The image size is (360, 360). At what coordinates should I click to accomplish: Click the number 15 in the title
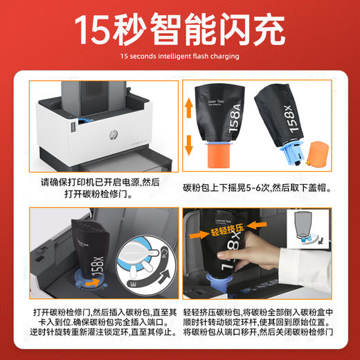[96, 29]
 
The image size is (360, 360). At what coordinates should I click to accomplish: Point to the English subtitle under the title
[179, 56]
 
